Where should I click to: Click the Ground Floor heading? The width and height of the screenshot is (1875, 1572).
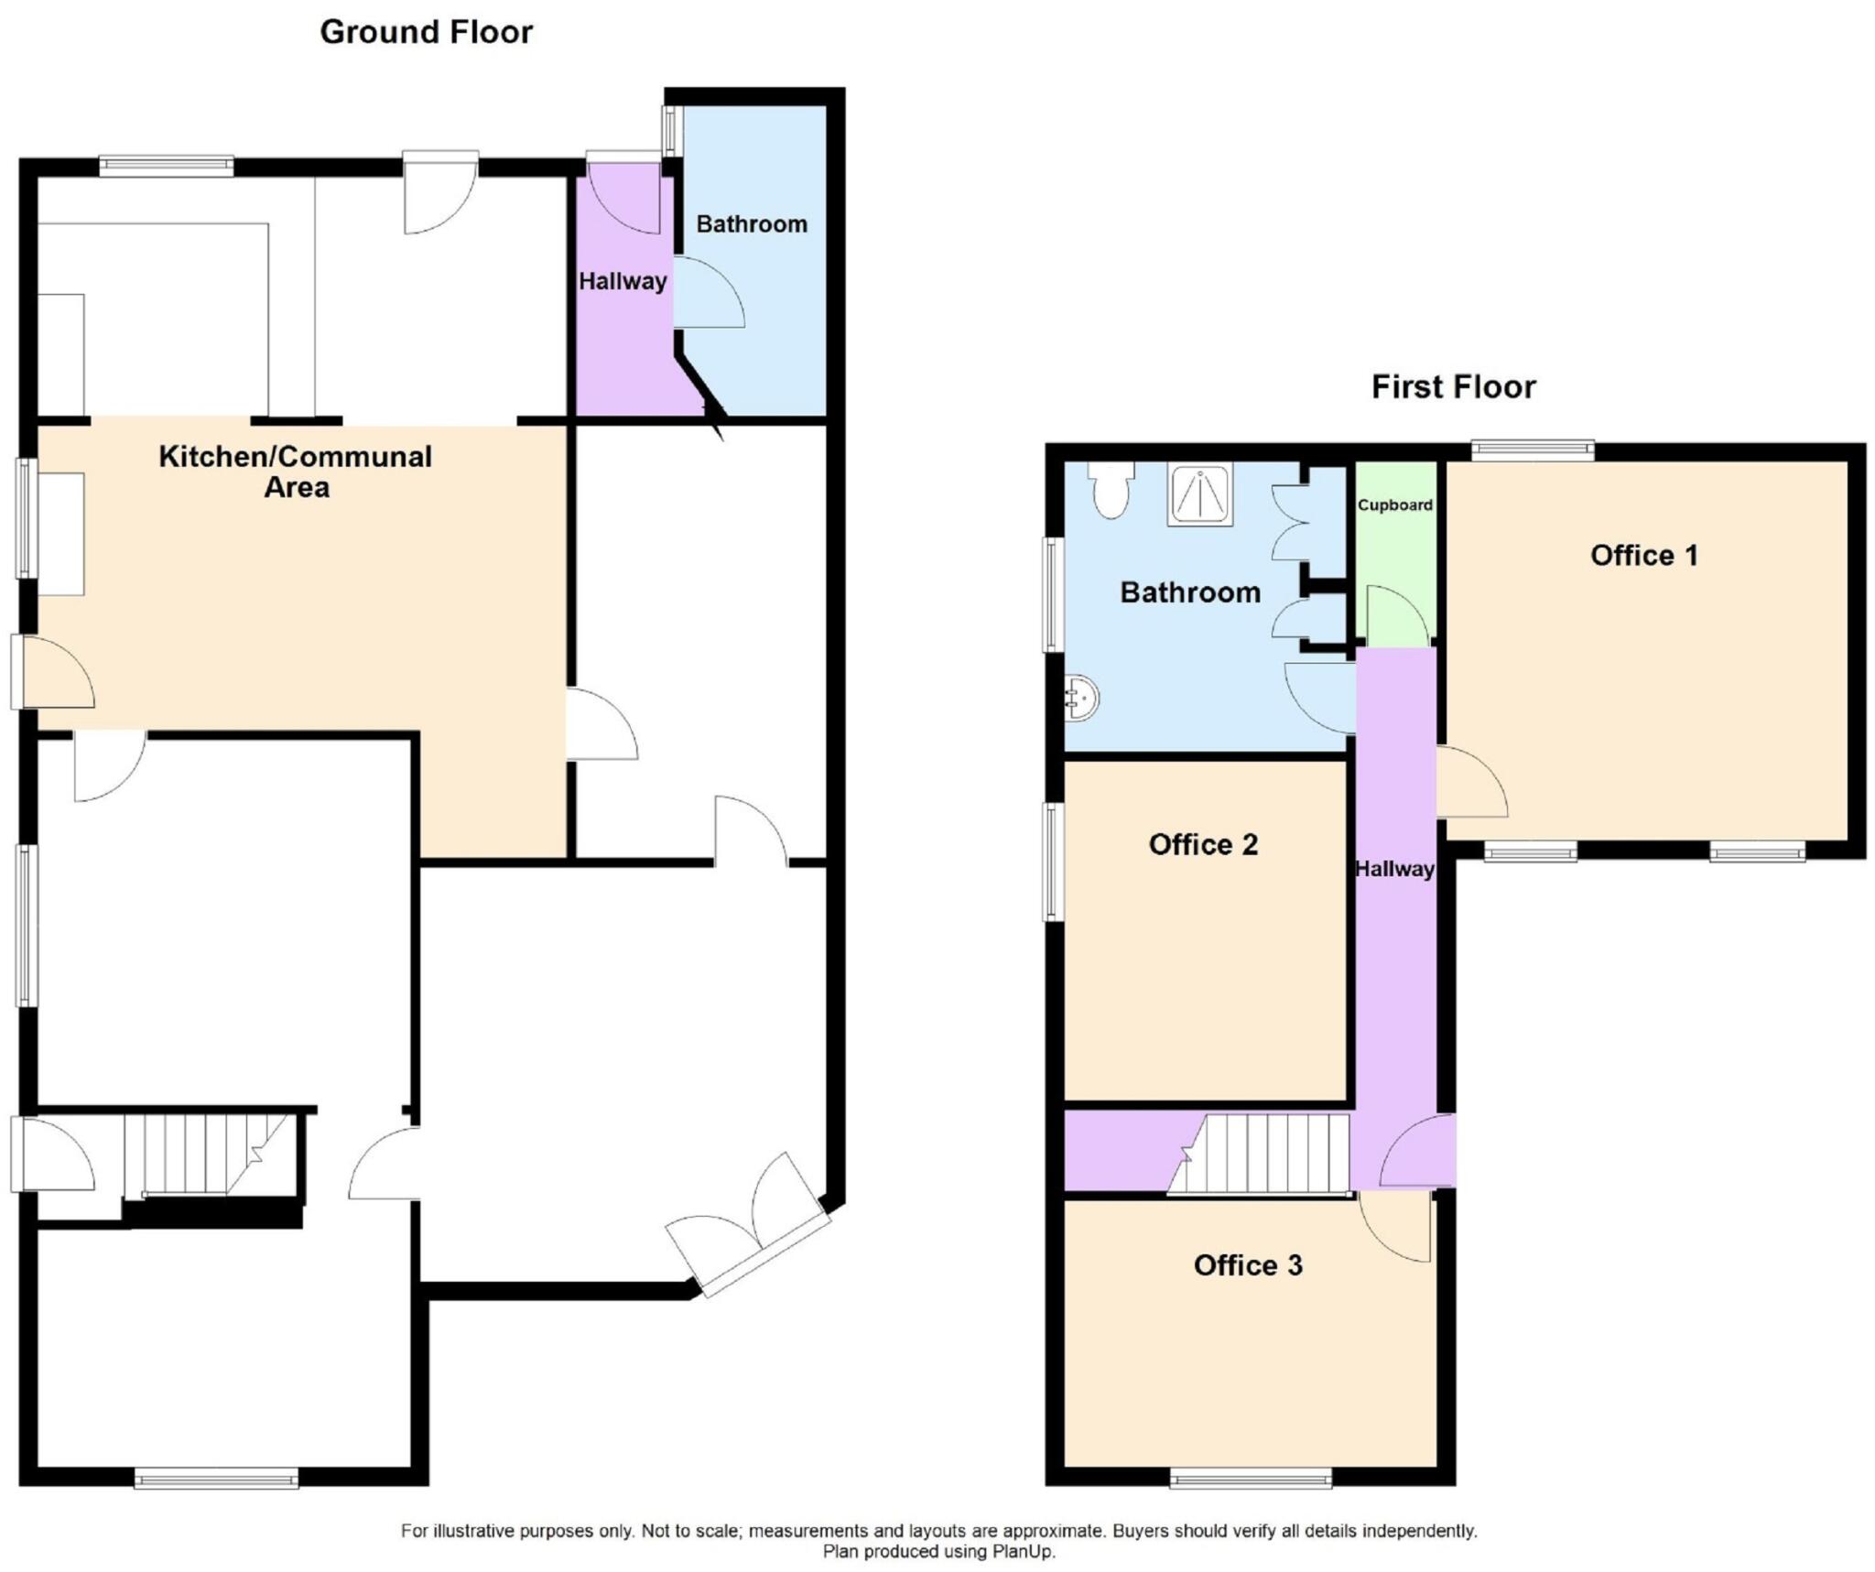pyautogui.click(x=426, y=32)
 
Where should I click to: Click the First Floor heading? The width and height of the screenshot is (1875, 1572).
pyautogui.click(x=1452, y=386)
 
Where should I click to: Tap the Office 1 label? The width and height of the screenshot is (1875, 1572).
pyautogui.click(x=1643, y=555)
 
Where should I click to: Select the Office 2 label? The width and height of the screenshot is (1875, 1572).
pyautogui.click(x=1203, y=844)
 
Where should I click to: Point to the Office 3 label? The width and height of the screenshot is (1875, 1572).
pyautogui.click(x=1247, y=1265)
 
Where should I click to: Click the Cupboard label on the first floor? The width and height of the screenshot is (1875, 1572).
pyautogui.click(x=1394, y=505)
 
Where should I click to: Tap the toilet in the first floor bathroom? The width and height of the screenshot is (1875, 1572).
pyautogui.click(x=1111, y=490)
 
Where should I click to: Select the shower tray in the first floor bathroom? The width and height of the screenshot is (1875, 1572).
pyautogui.click(x=1199, y=494)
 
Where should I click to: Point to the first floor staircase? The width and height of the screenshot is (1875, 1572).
pyautogui.click(x=1268, y=1154)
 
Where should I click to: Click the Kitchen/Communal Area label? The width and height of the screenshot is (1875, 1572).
pyautogui.click(x=296, y=472)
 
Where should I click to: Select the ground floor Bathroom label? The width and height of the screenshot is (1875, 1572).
pyautogui.click(x=752, y=224)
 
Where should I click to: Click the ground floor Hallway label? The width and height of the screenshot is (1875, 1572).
pyautogui.click(x=623, y=281)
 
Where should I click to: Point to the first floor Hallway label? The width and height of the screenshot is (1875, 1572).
pyautogui.click(x=1394, y=869)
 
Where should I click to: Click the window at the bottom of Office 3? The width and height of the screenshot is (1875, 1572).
pyautogui.click(x=1251, y=1478)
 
